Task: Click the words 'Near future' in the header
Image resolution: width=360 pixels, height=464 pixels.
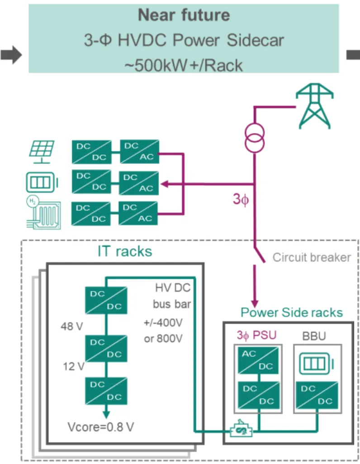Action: [184, 15]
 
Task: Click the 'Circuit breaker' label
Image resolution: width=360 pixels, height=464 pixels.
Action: [312, 258]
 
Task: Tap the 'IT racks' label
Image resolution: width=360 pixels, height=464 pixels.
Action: [124, 252]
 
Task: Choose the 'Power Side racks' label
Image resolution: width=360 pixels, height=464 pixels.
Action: [291, 313]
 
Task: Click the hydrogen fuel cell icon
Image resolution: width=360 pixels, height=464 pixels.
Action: [42, 212]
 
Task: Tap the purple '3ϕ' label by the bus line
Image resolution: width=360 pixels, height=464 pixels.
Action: [241, 199]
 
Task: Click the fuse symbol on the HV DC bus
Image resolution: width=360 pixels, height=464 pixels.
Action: [241, 431]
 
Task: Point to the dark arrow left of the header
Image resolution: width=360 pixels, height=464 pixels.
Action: [11, 55]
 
